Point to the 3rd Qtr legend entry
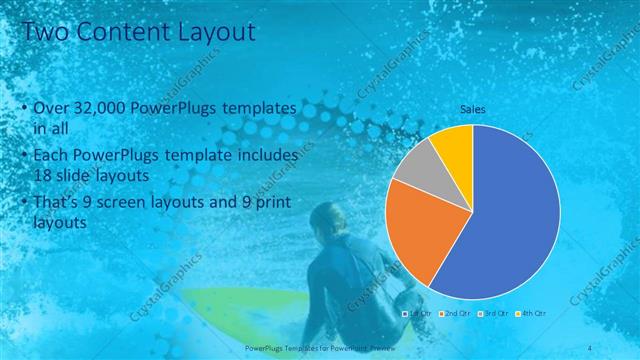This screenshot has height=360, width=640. pyautogui.click(x=493, y=314)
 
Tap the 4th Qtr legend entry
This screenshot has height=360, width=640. pyautogui.click(x=530, y=314)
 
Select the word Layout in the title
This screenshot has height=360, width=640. pyautogui.click(x=215, y=32)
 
